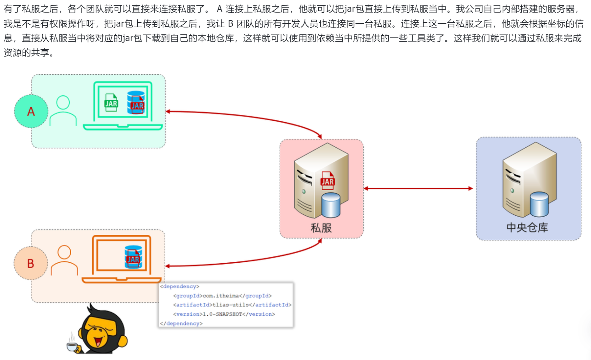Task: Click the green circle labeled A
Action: click(31, 111)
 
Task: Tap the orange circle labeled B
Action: click(31, 263)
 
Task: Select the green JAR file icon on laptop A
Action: click(111, 103)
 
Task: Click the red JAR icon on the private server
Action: click(327, 180)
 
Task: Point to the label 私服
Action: click(321, 228)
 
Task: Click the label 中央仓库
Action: click(527, 228)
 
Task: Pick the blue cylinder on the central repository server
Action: click(539, 204)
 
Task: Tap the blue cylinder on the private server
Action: click(330, 205)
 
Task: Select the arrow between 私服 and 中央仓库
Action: click(418, 188)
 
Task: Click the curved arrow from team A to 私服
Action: click(250, 117)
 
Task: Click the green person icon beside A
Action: click(63, 110)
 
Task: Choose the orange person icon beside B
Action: click(64, 260)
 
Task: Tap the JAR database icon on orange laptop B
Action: click(133, 257)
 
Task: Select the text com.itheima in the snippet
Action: click(221, 296)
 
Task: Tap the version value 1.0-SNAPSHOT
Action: click(222, 314)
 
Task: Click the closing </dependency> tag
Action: click(181, 324)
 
